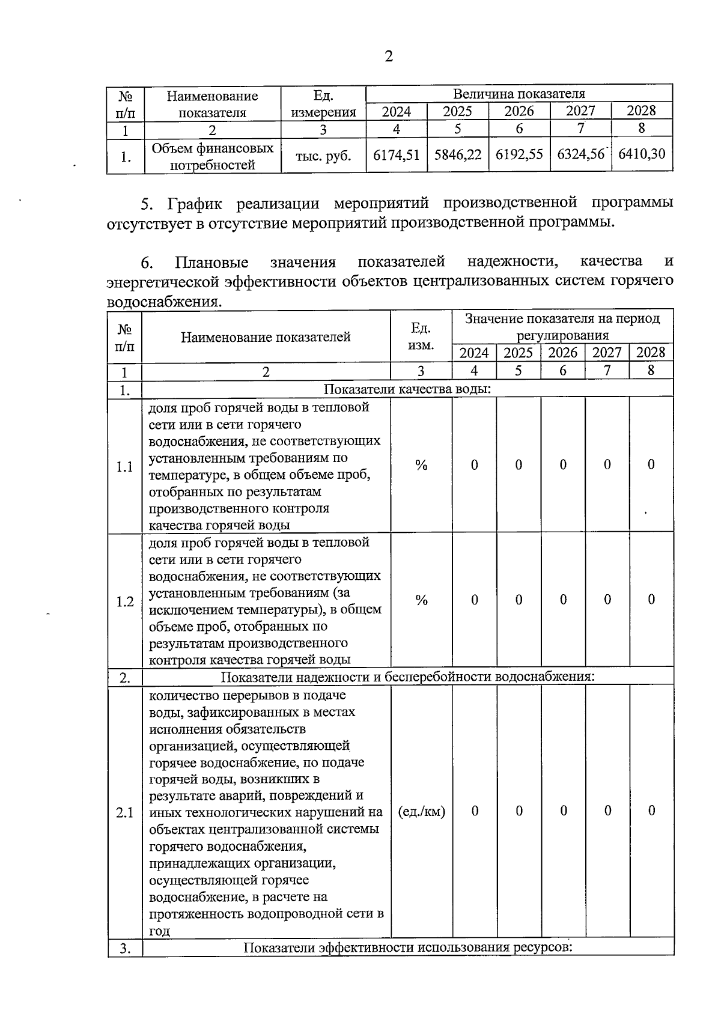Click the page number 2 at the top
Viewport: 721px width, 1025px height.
[x=388, y=56]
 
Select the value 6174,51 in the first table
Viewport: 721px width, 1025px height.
[x=396, y=155]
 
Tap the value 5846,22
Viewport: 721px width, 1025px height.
[x=458, y=155]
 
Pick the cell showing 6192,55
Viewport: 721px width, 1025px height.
[x=519, y=155]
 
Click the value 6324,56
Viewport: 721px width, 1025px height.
[x=580, y=155]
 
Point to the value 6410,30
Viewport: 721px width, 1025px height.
[x=642, y=154]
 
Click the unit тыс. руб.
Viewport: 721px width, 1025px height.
[x=323, y=156]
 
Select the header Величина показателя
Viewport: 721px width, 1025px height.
[x=519, y=94]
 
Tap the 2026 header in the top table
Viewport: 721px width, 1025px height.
[x=519, y=112]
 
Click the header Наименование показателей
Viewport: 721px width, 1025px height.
[x=266, y=337]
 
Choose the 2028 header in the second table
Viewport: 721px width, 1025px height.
[x=651, y=353]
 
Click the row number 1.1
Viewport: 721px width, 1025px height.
[x=124, y=467]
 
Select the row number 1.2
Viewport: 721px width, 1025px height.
[x=124, y=601]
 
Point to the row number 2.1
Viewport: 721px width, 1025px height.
[x=124, y=813]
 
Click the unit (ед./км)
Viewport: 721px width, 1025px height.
[x=422, y=812]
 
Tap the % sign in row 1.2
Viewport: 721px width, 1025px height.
[x=421, y=600]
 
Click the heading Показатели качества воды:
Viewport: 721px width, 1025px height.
[x=407, y=389]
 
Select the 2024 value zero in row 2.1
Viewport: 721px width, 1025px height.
[x=475, y=811]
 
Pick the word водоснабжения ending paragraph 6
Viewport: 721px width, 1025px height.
[x=163, y=302]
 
